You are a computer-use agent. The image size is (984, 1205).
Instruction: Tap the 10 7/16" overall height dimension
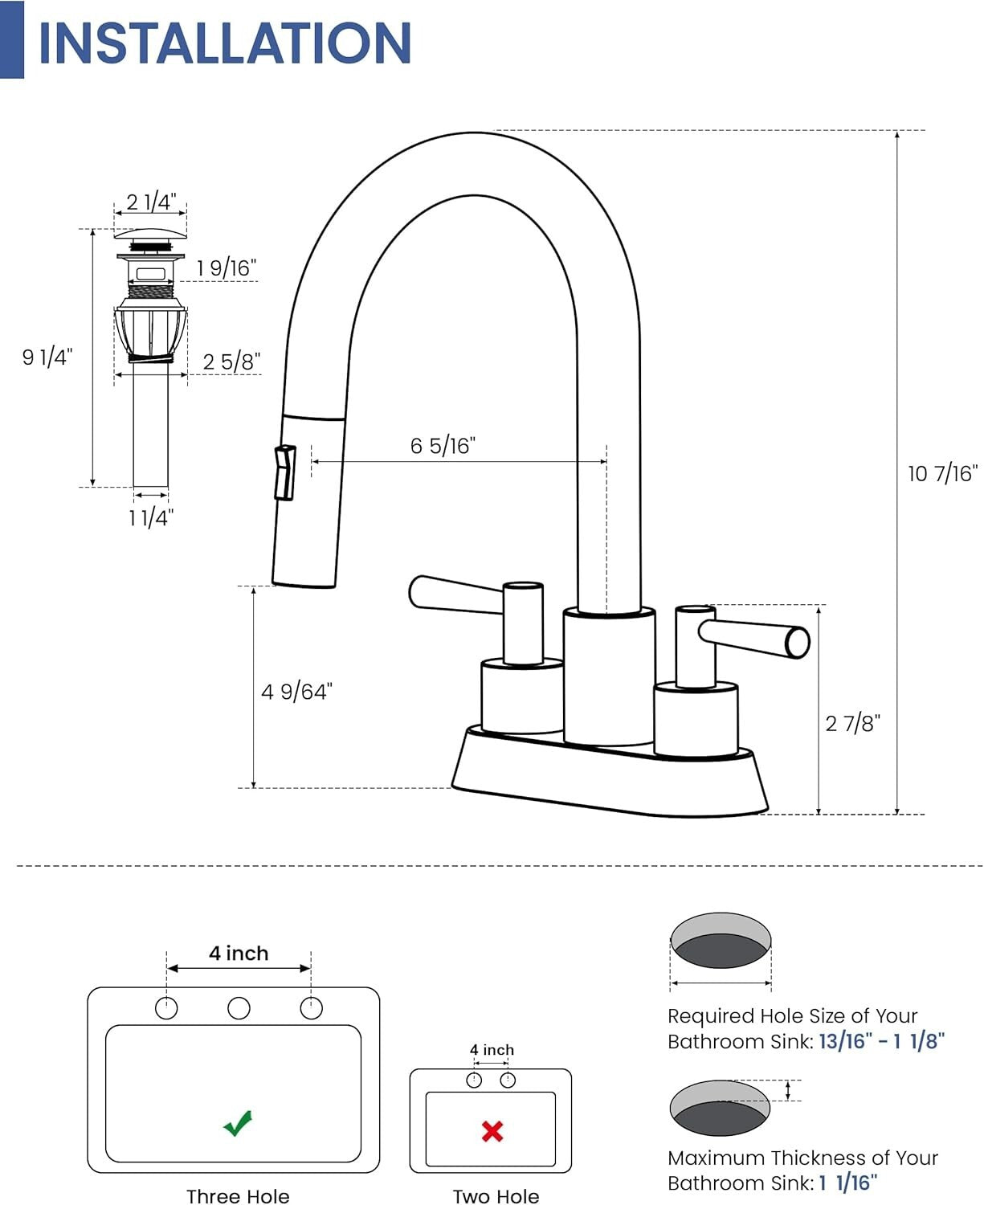click(x=942, y=474)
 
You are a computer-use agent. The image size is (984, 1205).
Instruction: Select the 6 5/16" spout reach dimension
click(x=443, y=446)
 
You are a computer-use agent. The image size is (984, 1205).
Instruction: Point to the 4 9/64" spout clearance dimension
click(x=296, y=692)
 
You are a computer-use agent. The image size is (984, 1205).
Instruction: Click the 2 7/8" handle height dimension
click(x=852, y=724)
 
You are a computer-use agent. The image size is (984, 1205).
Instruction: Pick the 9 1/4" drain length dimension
click(x=47, y=357)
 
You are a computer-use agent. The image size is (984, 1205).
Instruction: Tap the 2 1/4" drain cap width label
click(x=151, y=202)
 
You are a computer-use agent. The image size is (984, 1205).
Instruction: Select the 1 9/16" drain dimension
click(x=227, y=268)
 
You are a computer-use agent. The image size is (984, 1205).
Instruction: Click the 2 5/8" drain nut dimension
click(x=231, y=361)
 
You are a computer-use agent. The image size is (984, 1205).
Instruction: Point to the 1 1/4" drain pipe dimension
click(x=151, y=518)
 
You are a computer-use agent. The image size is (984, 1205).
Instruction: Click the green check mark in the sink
click(x=238, y=1123)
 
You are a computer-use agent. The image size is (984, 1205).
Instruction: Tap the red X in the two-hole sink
click(x=492, y=1131)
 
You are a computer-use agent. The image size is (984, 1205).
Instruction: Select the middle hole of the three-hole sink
click(x=239, y=1008)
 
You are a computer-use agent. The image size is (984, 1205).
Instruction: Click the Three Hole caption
click(x=238, y=1196)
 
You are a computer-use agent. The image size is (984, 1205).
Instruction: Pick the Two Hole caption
click(x=496, y=1196)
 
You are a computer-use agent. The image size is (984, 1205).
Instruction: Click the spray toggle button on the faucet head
click(x=284, y=473)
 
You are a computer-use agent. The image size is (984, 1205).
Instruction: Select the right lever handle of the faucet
click(x=755, y=636)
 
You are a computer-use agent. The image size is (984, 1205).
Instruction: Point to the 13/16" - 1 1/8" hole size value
click(x=881, y=1042)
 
